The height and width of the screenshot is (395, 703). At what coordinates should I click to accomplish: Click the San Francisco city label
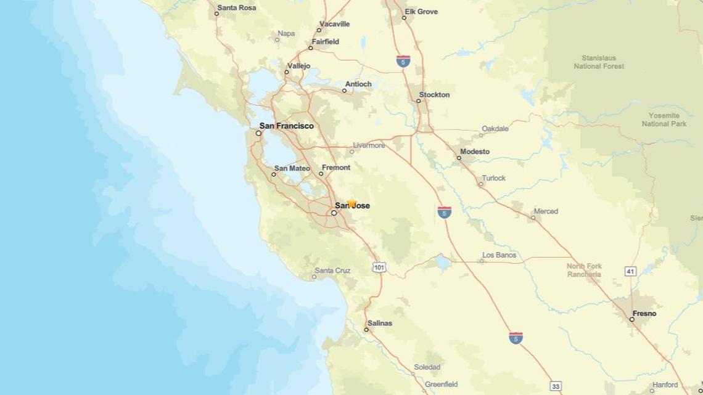coord(286,126)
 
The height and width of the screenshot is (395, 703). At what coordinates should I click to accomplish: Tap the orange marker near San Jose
coord(351,203)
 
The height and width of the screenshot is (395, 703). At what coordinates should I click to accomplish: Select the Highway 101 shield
coord(379,267)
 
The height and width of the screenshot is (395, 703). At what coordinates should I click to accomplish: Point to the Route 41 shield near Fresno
coord(630,271)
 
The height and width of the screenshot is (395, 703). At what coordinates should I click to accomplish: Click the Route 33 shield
coord(556,386)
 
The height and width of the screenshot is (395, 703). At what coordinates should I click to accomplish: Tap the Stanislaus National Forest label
coord(598,62)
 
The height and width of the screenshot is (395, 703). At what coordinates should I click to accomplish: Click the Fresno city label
coord(644,314)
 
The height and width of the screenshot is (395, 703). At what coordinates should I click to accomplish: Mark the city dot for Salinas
coord(366,330)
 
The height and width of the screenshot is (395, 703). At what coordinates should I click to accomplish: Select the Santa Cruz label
coord(332,271)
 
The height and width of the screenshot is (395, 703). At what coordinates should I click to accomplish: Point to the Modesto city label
coord(475,151)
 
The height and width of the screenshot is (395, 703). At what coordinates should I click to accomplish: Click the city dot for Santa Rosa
coord(217,14)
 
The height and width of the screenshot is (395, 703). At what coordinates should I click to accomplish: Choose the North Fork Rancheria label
coord(584,271)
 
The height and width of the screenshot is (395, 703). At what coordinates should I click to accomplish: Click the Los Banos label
coord(499,255)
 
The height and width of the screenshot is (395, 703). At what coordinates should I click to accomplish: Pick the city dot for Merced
coord(533,218)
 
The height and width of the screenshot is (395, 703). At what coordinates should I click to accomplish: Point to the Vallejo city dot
coord(287,72)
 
